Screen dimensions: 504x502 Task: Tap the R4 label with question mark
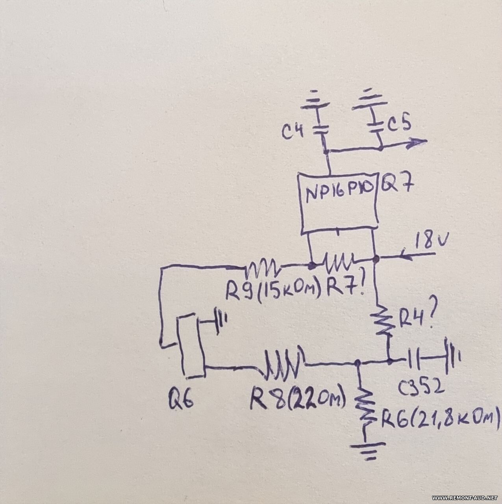tap(413, 316)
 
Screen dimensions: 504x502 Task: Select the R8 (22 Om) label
tap(298, 398)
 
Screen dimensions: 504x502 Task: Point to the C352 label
tap(421, 388)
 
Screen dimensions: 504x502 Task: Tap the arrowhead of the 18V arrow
tap(403, 256)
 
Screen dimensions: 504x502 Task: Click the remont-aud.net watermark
tap(464, 498)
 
